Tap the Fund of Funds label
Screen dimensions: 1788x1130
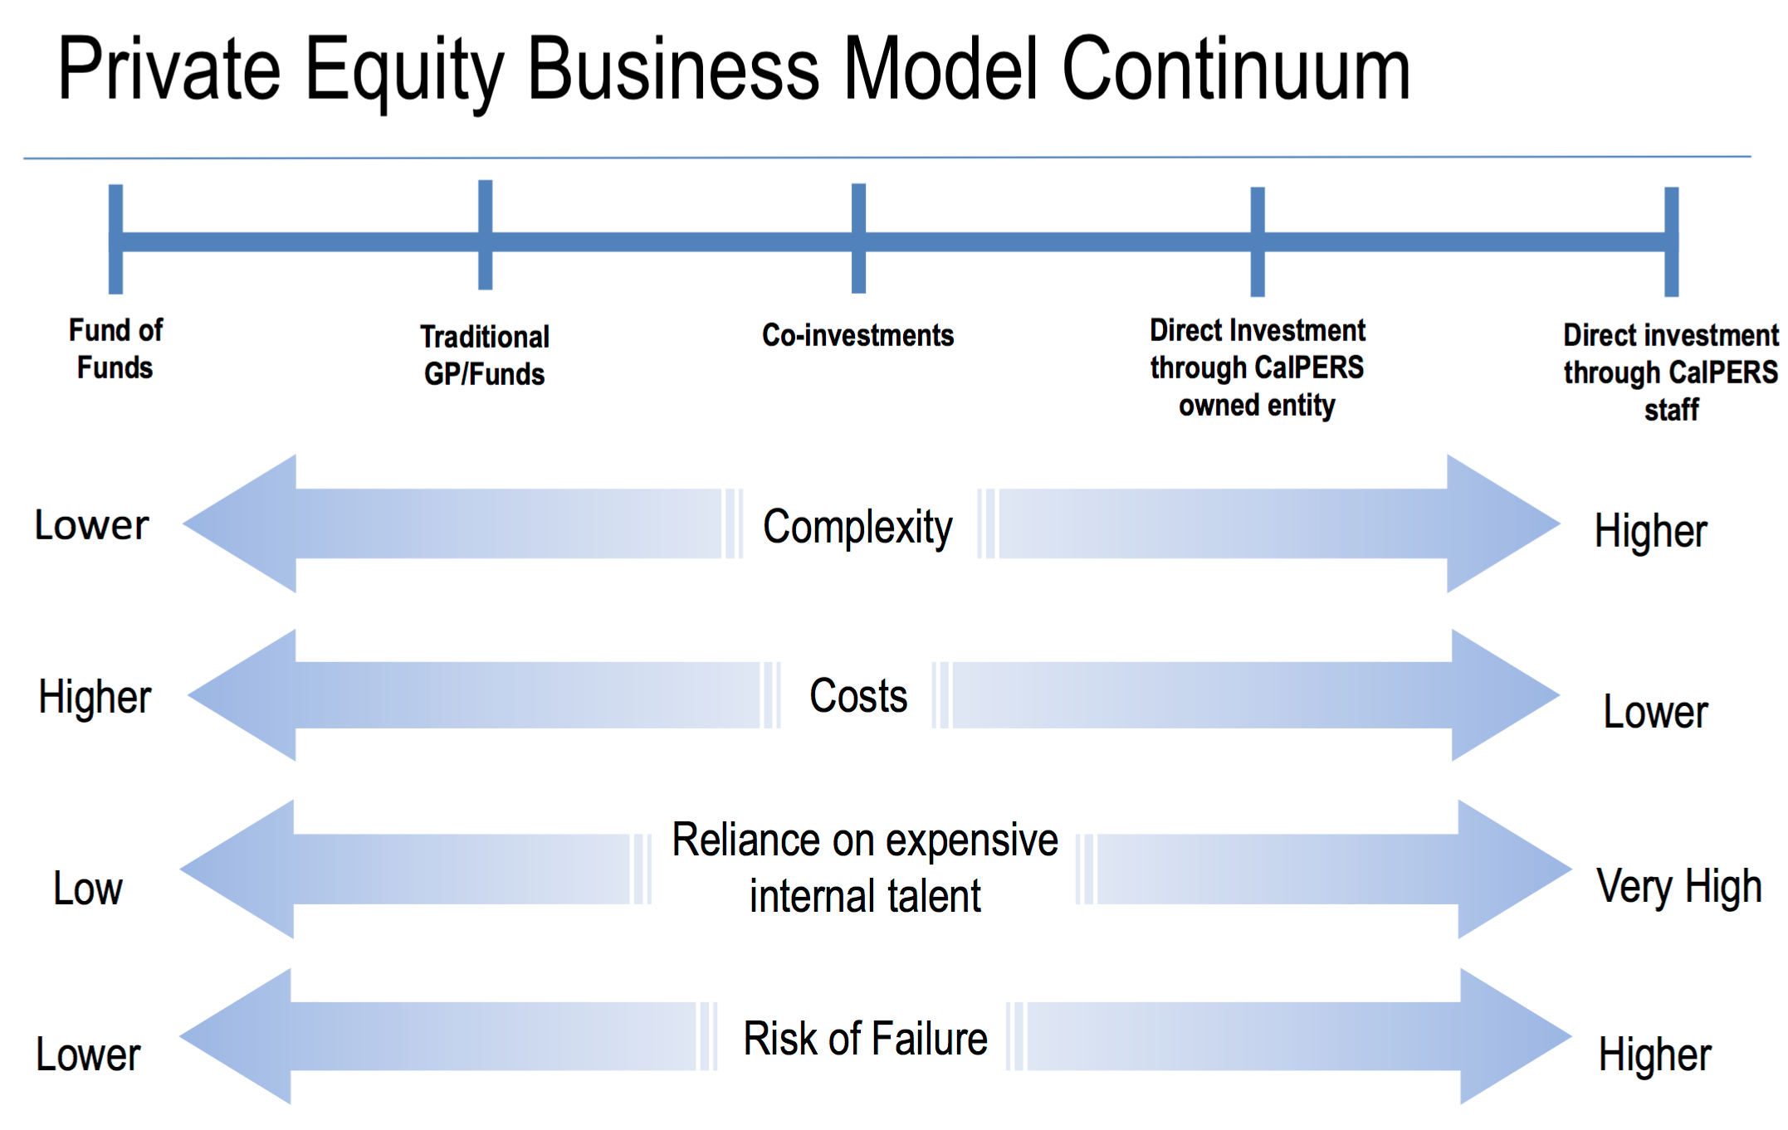point(115,348)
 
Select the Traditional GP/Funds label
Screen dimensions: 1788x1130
point(485,355)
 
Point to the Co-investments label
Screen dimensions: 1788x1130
point(858,335)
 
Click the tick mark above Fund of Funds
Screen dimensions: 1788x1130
point(116,239)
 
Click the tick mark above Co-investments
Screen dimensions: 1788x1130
point(859,238)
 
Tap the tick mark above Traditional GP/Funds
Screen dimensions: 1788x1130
point(486,235)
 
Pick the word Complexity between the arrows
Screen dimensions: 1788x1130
point(857,528)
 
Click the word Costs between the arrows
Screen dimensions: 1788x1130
point(858,695)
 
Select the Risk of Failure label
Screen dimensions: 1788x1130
point(865,1038)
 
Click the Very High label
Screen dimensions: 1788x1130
point(1679,887)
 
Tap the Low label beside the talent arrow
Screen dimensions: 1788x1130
point(88,889)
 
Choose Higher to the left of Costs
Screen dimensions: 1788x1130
point(95,697)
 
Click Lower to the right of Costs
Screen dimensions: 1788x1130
point(1656,712)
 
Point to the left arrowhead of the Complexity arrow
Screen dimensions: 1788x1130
point(241,524)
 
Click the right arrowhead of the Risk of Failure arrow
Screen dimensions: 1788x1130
point(1516,1036)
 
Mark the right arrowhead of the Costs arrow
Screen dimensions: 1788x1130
point(1506,695)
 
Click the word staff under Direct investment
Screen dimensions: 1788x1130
point(1672,410)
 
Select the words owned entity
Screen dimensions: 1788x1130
point(1257,406)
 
